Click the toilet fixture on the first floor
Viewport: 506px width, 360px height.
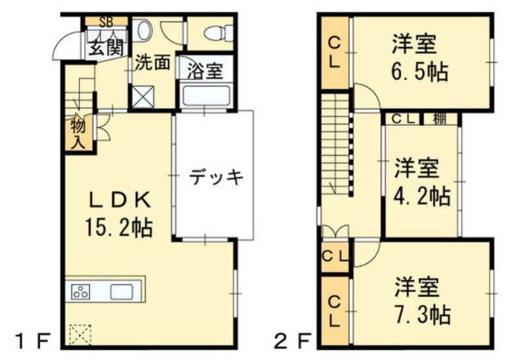click(x=219, y=33)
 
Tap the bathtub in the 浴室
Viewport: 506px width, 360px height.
click(x=206, y=95)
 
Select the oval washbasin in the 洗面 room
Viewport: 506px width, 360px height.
click(x=144, y=30)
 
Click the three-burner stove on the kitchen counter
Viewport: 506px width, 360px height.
click(x=81, y=292)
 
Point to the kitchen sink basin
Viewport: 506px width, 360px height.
click(x=121, y=292)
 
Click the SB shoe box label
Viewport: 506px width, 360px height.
click(x=106, y=22)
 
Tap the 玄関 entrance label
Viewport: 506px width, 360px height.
click(x=106, y=48)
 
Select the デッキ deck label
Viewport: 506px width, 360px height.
click(x=215, y=177)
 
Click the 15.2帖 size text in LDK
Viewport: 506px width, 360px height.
click(x=119, y=227)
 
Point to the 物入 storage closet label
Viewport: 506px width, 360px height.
click(x=78, y=134)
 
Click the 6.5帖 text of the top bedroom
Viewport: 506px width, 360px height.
click(x=420, y=72)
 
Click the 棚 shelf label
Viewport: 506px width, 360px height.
click(x=440, y=119)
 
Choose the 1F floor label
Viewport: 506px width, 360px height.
click(x=33, y=341)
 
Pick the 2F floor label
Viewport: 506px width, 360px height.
click(x=292, y=341)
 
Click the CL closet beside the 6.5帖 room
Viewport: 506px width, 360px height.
click(x=335, y=52)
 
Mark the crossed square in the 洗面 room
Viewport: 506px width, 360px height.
click(x=143, y=96)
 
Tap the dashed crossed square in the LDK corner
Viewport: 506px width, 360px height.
click(x=80, y=335)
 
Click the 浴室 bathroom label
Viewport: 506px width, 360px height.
click(x=205, y=71)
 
